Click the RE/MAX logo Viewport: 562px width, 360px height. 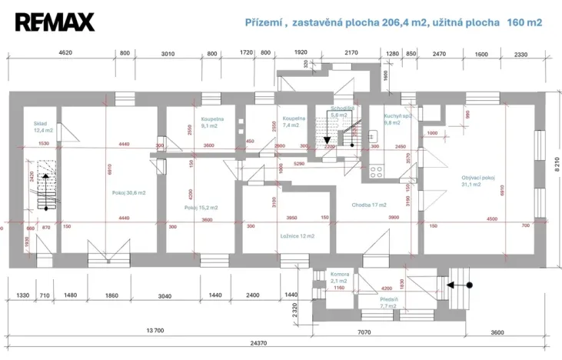coord(55,22)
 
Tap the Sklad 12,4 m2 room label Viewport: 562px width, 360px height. coord(41,127)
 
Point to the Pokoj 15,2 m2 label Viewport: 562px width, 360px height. coord(201,208)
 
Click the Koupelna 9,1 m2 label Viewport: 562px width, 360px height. coord(212,123)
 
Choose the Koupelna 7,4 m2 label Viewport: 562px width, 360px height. coord(294,122)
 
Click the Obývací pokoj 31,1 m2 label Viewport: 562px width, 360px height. coord(477,181)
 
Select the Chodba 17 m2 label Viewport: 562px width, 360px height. coord(369,205)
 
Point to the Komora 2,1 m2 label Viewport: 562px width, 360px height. coord(340,278)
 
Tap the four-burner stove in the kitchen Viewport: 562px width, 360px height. coord(377,172)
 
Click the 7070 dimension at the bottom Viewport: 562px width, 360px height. coord(364,332)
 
